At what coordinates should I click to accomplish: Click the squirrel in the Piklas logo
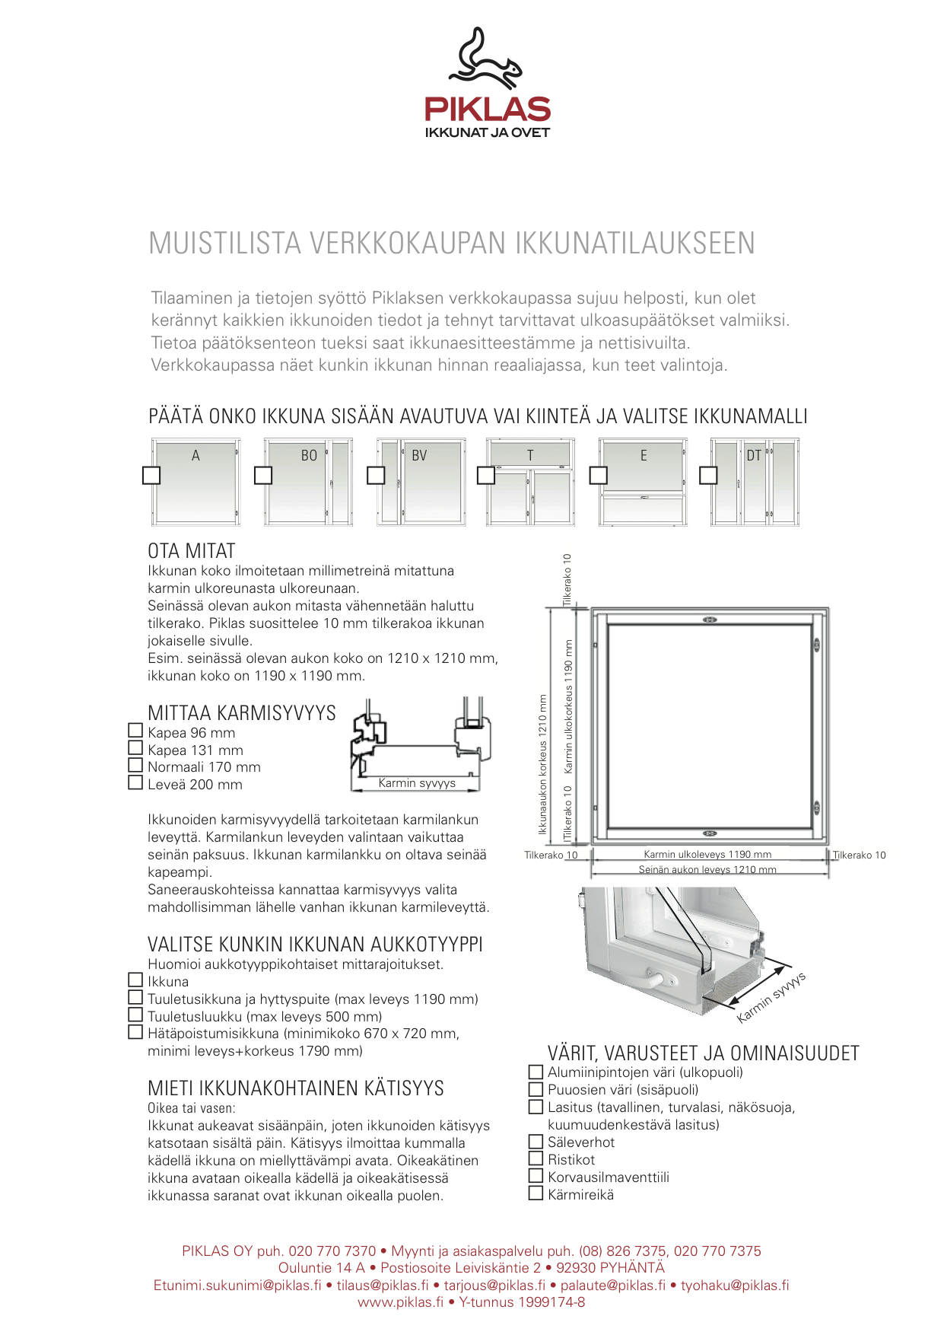(485, 58)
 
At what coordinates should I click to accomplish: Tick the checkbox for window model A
(151, 475)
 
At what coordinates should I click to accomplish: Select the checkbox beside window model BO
(263, 475)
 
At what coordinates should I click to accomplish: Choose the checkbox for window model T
(485, 475)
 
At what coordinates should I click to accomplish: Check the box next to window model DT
(708, 475)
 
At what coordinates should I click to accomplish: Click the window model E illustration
(643, 482)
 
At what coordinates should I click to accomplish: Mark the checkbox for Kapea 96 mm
(136, 731)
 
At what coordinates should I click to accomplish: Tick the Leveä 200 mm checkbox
(136, 782)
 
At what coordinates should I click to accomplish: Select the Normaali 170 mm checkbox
(136, 765)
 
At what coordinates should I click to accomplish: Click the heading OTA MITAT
(192, 551)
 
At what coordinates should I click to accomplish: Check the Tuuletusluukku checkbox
(136, 1015)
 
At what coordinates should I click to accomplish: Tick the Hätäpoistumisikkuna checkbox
(136, 1032)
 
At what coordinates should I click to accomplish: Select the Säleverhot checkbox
(536, 1141)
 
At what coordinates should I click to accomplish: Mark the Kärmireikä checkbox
(536, 1193)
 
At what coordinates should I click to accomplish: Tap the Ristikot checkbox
(536, 1158)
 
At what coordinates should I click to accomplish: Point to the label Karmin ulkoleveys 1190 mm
(707, 855)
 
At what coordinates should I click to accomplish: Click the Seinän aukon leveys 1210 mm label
(707, 869)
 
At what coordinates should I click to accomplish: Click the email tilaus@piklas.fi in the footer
(383, 1286)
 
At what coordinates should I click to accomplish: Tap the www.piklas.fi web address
(400, 1302)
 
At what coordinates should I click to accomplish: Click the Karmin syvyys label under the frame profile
(417, 783)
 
